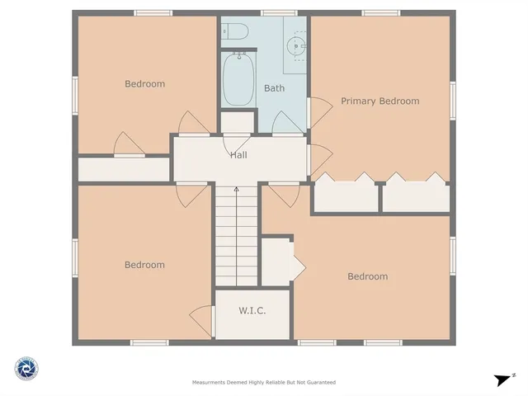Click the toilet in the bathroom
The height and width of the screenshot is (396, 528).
tap(238, 32)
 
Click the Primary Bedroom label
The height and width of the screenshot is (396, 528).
tap(379, 101)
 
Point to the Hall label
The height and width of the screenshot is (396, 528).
tap(238, 154)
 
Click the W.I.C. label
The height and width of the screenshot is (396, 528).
tap(252, 311)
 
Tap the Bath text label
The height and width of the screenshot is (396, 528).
tap(274, 88)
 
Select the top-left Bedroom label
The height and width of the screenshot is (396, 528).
tap(144, 83)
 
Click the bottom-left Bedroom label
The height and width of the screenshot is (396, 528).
tap(144, 265)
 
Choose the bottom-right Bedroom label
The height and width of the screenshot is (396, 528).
tap(367, 276)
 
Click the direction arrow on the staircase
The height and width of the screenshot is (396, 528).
tap(236, 191)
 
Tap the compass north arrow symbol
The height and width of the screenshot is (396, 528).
tap(502, 379)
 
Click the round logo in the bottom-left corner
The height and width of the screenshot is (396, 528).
tap(26, 368)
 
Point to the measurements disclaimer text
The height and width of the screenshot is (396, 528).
tap(263, 382)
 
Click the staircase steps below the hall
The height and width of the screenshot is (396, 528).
tap(236, 239)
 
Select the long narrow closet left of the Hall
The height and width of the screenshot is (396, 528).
tap(124, 168)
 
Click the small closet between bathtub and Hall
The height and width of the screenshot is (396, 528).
tap(238, 122)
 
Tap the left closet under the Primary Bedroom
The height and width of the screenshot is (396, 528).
tap(346, 197)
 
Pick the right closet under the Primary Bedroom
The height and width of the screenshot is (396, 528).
tap(416, 197)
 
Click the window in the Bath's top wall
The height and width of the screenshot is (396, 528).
tap(274, 12)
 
